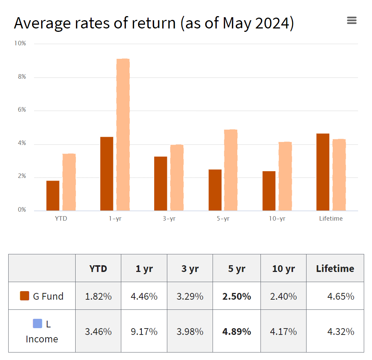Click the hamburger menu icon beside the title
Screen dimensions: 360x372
pyautogui.click(x=351, y=21)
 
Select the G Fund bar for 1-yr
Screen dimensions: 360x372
pyautogui.click(x=107, y=173)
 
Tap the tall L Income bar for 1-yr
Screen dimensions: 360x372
pyautogui.click(x=123, y=135)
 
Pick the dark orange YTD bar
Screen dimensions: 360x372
pyautogui.click(x=53, y=196)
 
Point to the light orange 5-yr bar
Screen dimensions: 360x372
pyautogui.click(x=231, y=170)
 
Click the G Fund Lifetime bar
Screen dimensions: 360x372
pyautogui.click(x=323, y=172)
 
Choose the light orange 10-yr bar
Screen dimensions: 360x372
pyautogui.click(x=285, y=176)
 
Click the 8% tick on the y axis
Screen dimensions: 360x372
pyautogui.click(x=20, y=77)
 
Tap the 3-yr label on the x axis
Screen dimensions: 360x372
pyautogui.click(x=169, y=219)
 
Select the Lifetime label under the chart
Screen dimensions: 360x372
pyautogui.click(x=331, y=219)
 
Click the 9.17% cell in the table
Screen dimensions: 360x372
pyautogui.click(x=144, y=332)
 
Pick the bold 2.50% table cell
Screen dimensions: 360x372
pyautogui.click(x=237, y=296)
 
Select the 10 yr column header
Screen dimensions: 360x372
pyautogui.click(x=283, y=269)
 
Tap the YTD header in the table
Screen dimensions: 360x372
pyautogui.click(x=98, y=269)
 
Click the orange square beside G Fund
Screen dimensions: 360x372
pyautogui.click(x=24, y=296)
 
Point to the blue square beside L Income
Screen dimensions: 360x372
pyautogui.click(x=37, y=323)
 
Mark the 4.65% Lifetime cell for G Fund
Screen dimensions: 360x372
pyautogui.click(x=341, y=296)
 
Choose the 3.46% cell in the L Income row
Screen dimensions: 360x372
pyautogui.click(x=98, y=332)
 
